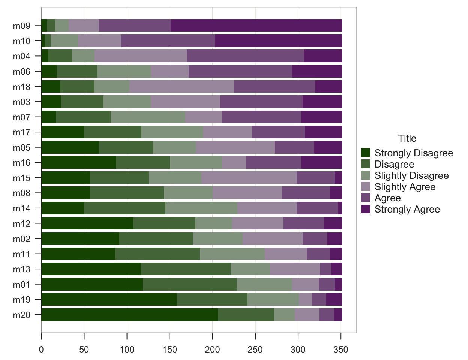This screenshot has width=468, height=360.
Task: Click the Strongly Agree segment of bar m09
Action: pyautogui.click(x=256, y=25)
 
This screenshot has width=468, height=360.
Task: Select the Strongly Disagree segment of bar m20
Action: pyautogui.click(x=129, y=315)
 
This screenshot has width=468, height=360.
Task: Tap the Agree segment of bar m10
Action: pyautogui.click(x=168, y=41)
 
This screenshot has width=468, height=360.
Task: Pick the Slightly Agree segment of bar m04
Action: pyautogui.click(x=141, y=56)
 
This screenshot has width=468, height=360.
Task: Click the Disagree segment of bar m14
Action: pyautogui.click(x=124, y=208)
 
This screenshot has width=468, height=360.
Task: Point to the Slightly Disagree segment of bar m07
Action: pyautogui.click(x=148, y=117)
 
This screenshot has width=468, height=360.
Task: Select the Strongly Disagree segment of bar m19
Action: pyautogui.click(x=109, y=299)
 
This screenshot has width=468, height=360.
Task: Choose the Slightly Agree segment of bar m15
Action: pyautogui.click(x=249, y=178)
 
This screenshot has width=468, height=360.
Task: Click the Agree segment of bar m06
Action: pyautogui.click(x=240, y=71)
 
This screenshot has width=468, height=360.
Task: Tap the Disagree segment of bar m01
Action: pyautogui.click(x=189, y=284)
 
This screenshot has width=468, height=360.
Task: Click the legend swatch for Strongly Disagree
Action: pyautogui.click(x=366, y=153)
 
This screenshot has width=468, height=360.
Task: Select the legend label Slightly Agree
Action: pyautogui.click(x=405, y=187)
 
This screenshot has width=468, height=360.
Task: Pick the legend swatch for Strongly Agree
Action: pyautogui.click(x=366, y=209)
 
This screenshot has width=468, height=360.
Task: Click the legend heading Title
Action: pyautogui.click(x=407, y=138)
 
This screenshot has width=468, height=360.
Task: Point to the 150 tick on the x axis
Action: pyautogui.click(x=170, y=333)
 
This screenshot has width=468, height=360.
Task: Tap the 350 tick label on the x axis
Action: pyautogui.click(x=341, y=349)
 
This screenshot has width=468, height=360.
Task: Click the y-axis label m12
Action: pyautogui.click(x=21, y=223)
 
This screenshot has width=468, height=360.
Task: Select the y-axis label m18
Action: pyautogui.click(x=21, y=87)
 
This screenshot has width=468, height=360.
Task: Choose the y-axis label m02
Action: pyautogui.click(x=21, y=239)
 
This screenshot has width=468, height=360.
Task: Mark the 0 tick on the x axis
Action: pyautogui.click(x=41, y=333)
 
